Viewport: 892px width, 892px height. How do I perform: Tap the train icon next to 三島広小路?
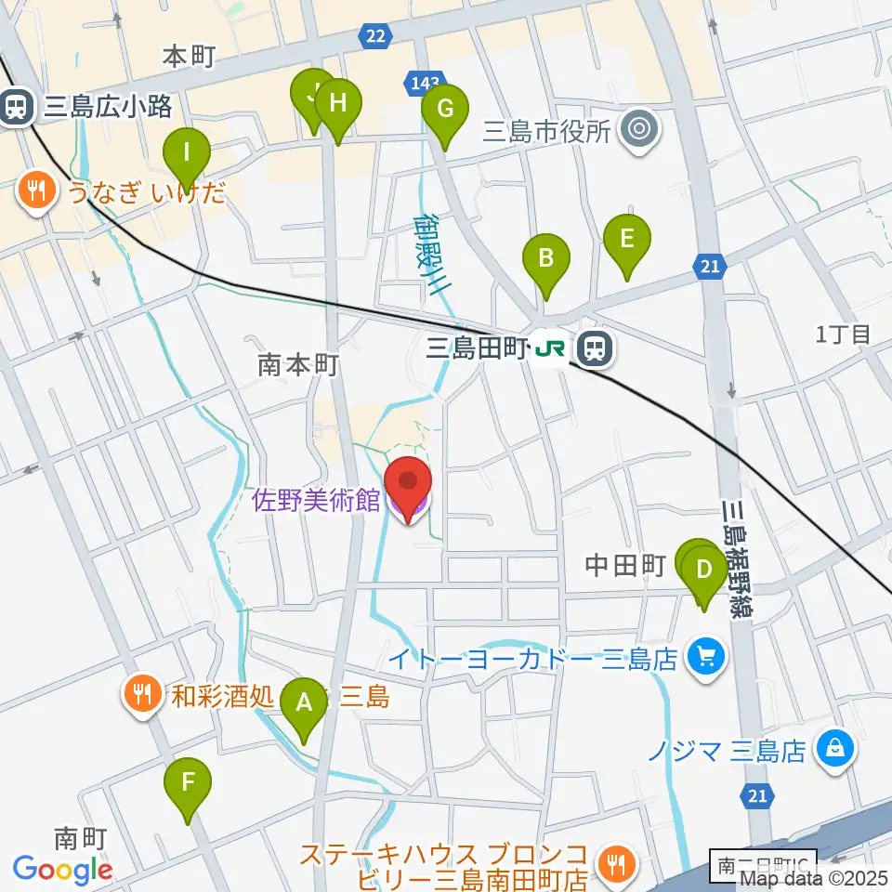coord(16,106)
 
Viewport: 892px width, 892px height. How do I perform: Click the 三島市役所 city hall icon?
coord(639,130)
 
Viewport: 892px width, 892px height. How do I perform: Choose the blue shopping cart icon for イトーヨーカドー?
coord(705,659)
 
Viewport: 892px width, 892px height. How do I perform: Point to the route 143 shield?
coord(423,84)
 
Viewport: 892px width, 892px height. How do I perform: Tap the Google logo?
coord(62,870)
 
